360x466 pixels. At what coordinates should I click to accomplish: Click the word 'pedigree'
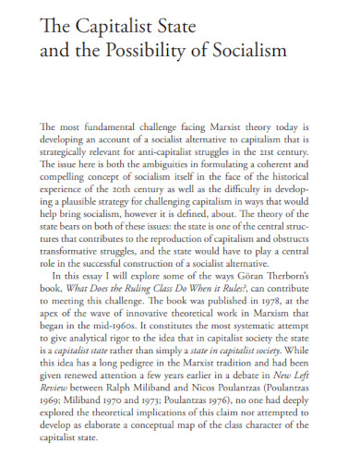138,367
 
